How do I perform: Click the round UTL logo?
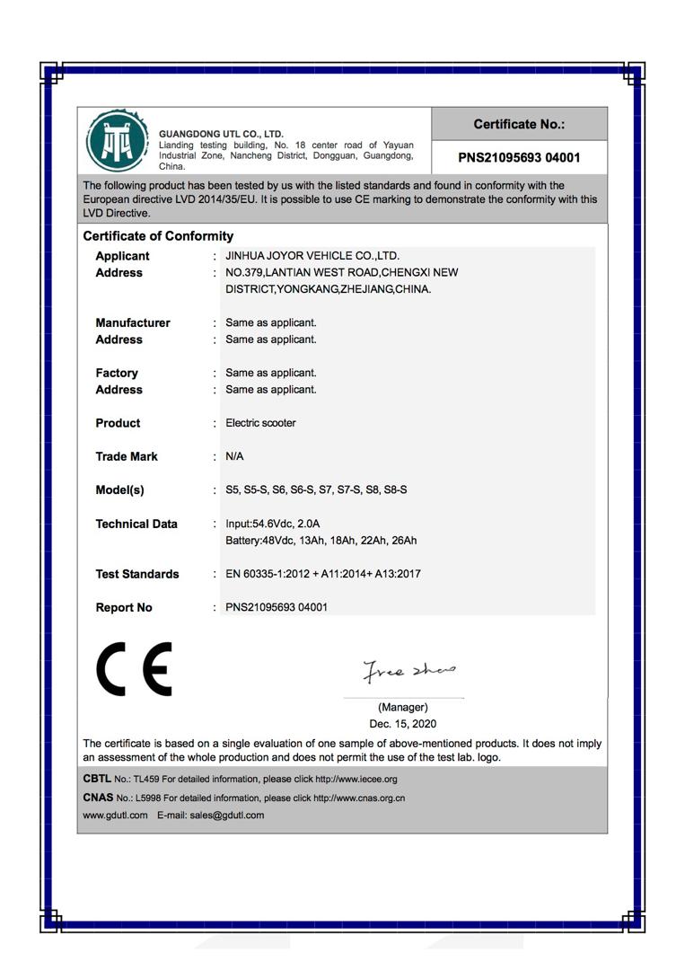click(x=116, y=141)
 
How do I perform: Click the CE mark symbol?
click(x=134, y=669)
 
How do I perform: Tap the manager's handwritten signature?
click(x=408, y=670)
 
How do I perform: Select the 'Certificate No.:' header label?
click(x=519, y=125)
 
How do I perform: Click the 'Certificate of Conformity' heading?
click(x=158, y=236)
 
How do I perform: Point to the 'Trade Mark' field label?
click(x=127, y=456)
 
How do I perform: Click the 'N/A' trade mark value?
click(x=234, y=456)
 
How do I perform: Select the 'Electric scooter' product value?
click(x=260, y=423)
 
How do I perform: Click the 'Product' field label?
click(x=118, y=423)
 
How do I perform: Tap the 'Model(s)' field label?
click(x=119, y=490)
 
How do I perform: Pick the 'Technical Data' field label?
click(x=136, y=524)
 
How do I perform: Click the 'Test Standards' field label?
click(x=137, y=574)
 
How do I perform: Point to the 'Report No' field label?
click(x=124, y=608)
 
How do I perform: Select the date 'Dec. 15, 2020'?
click(x=403, y=724)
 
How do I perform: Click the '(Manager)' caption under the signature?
click(x=403, y=708)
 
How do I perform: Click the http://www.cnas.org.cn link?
click(x=359, y=798)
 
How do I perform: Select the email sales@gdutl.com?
click(x=227, y=816)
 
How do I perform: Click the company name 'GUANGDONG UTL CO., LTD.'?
click(x=221, y=135)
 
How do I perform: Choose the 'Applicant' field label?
click(x=122, y=256)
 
